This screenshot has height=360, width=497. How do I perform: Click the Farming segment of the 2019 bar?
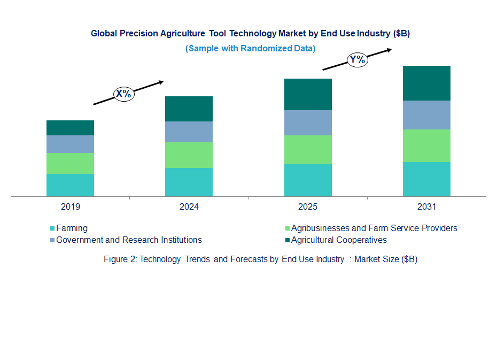click(x=70, y=185)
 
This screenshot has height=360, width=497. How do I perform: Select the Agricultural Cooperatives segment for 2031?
click(x=426, y=83)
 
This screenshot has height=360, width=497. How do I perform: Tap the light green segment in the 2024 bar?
click(x=189, y=155)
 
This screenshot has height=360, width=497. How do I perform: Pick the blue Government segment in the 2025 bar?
click(x=308, y=122)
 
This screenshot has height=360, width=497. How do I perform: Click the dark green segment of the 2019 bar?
click(x=70, y=128)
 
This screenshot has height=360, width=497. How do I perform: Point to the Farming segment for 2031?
click(x=426, y=179)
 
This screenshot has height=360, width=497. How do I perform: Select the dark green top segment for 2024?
click(x=189, y=109)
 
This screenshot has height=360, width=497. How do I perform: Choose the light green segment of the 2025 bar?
click(x=308, y=150)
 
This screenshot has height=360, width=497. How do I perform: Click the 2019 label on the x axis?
click(x=70, y=207)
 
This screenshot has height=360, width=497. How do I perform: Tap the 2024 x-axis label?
click(x=189, y=207)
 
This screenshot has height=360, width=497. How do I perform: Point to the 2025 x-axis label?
click(x=308, y=207)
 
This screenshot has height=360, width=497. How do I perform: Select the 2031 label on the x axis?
click(x=426, y=207)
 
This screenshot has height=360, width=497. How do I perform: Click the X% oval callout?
click(x=123, y=94)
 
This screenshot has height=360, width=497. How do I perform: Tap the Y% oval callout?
click(x=357, y=59)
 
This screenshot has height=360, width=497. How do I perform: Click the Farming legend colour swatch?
click(x=52, y=228)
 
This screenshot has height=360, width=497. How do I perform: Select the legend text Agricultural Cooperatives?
click(x=338, y=240)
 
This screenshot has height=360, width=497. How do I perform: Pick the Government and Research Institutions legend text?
click(x=129, y=240)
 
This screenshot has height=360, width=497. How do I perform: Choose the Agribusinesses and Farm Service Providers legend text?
click(x=374, y=228)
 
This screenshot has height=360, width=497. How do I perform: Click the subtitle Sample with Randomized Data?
click(x=250, y=48)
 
